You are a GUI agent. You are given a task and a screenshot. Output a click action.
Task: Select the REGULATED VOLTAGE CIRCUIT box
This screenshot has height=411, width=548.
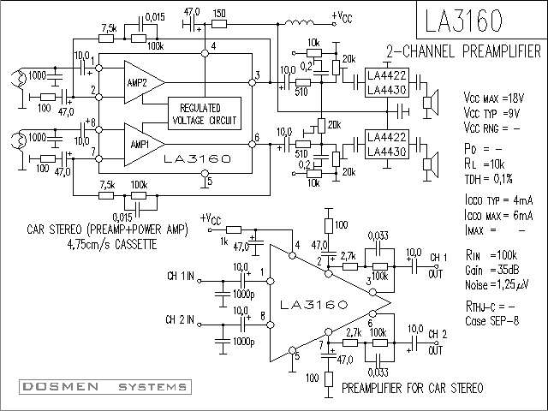pos(205,114)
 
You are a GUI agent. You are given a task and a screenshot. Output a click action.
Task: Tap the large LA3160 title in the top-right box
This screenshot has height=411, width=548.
pos(463,21)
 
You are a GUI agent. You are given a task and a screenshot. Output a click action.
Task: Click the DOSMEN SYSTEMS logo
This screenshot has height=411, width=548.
pos(105,386)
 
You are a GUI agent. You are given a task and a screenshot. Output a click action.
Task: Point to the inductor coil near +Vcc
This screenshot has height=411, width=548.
pos(299,23)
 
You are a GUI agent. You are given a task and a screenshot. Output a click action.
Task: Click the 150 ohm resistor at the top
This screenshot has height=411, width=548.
pos(219,24)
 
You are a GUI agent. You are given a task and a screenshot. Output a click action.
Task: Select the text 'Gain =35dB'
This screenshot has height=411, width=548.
pos(491,271)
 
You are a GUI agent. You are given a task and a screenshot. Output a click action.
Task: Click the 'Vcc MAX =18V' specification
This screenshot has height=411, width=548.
pos(493,98)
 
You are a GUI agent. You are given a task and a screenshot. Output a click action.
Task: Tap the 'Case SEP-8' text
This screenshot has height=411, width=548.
pos(491,321)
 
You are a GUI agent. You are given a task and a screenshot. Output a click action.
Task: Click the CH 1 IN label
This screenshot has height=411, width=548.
pos(181,276)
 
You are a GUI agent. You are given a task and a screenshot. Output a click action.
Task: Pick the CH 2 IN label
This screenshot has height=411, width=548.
pos(180,319)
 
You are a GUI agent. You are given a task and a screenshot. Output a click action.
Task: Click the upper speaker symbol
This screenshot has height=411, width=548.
pos(431,103)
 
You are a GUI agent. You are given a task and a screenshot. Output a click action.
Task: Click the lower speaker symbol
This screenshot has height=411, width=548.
pos(431,164)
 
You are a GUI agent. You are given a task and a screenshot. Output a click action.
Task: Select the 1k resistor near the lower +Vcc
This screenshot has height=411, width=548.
pos(234,229)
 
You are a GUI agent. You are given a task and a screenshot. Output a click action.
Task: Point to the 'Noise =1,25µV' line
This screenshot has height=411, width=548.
pos(497,285)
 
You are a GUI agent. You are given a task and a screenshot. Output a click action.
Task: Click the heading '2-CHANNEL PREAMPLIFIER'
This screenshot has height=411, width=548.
pos(463,51)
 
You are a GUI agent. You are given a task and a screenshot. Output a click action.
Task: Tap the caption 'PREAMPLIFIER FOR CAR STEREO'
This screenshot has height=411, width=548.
pos(413,388)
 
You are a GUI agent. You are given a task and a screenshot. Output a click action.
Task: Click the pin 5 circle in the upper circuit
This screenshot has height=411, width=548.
pos(205,173)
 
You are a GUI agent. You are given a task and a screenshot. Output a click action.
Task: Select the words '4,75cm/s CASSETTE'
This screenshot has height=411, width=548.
pos(112,244)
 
